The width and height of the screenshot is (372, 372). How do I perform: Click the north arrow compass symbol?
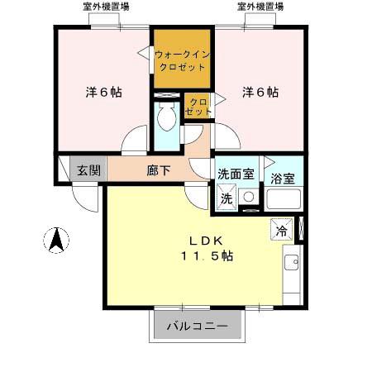(x=56, y=240)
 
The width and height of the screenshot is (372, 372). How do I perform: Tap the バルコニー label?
(x=198, y=326)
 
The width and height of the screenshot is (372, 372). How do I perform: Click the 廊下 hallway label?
(x=159, y=171)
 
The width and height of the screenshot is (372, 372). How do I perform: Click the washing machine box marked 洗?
(x=226, y=198)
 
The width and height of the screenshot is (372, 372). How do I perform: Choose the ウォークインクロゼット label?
(x=182, y=60)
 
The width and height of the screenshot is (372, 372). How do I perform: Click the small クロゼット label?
(x=197, y=106)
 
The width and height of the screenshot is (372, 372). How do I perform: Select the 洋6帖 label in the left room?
(x=103, y=93)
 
